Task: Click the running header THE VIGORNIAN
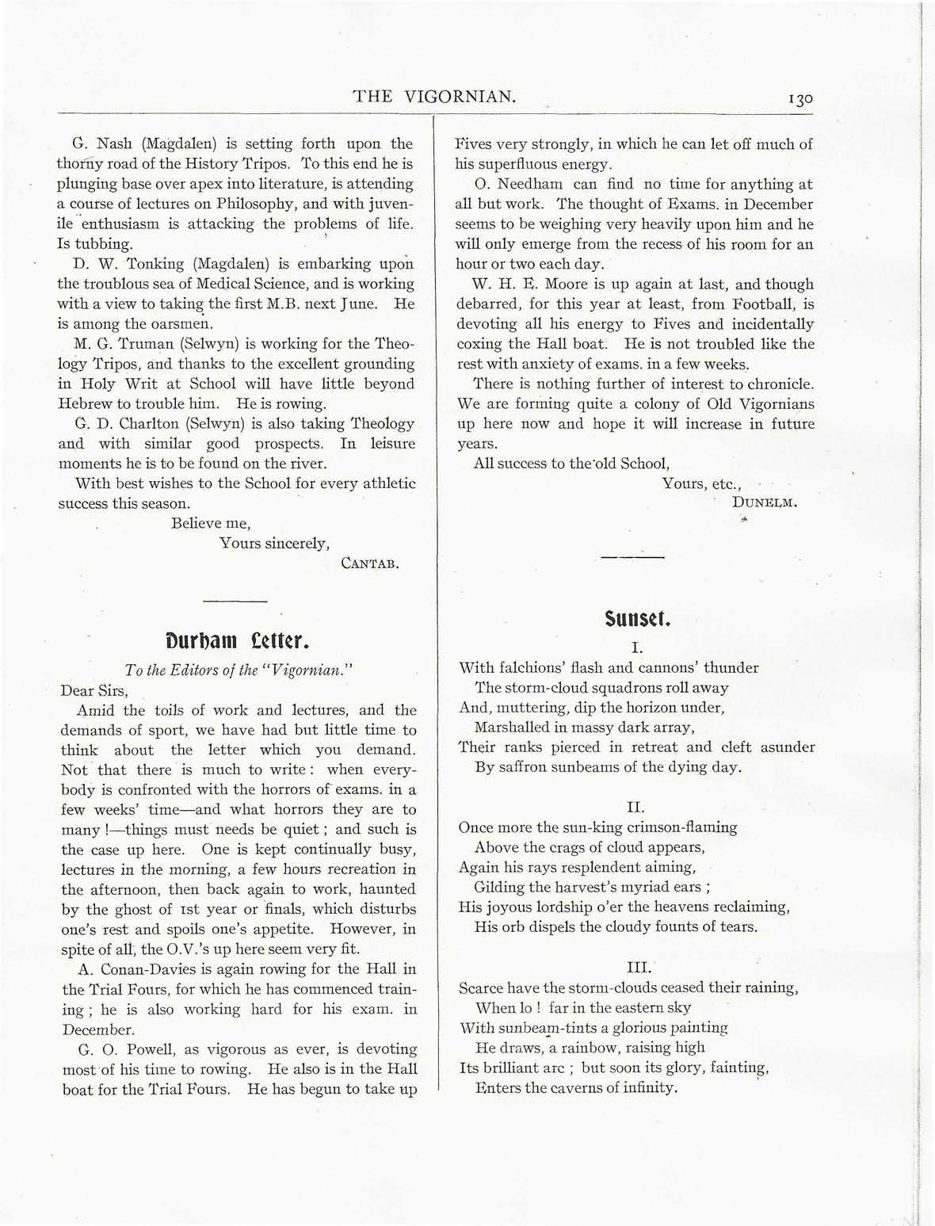tap(435, 97)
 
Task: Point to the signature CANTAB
tap(369, 563)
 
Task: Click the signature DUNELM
tap(765, 502)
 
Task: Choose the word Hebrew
tap(87, 403)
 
